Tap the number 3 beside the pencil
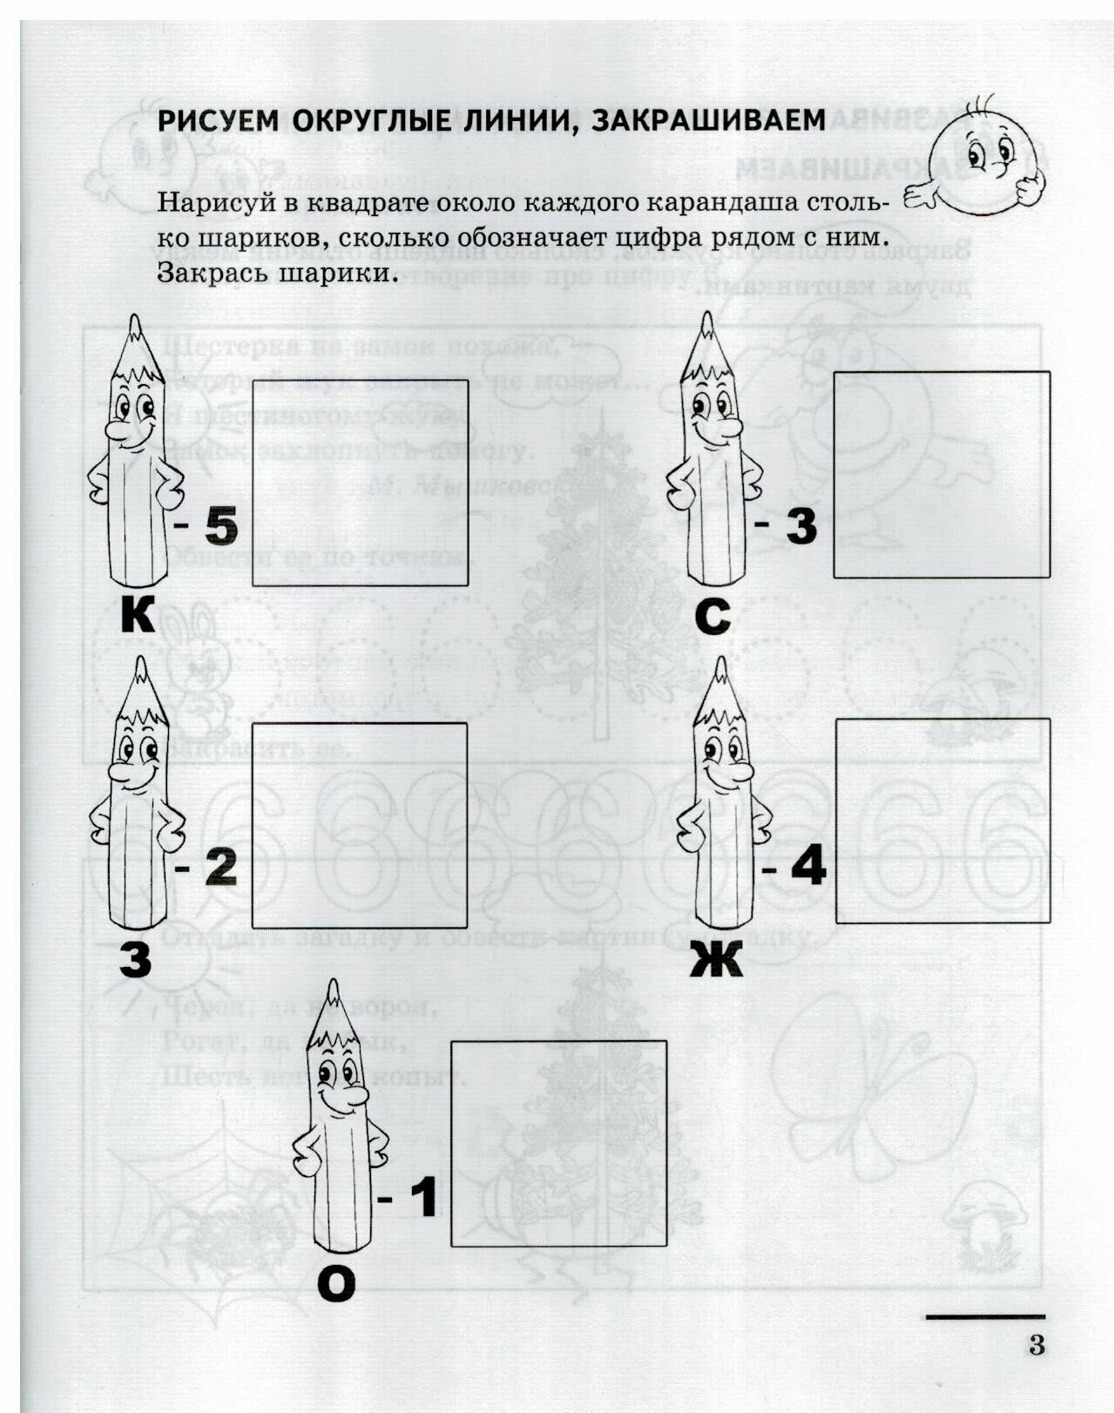pyautogui.click(x=801, y=524)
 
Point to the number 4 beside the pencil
pyautogui.click(x=807, y=868)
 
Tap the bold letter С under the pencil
pyautogui.click(x=713, y=615)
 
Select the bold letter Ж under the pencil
pyautogui.click(x=716, y=961)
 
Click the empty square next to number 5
pyautogui.click(x=360, y=483)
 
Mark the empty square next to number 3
pyautogui.click(x=941, y=475)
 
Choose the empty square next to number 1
pyautogui.click(x=558, y=1143)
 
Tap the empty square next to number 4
pyautogui.click(x=942, y=820)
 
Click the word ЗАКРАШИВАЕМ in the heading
pyautogui.click(x=707, y=120)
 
